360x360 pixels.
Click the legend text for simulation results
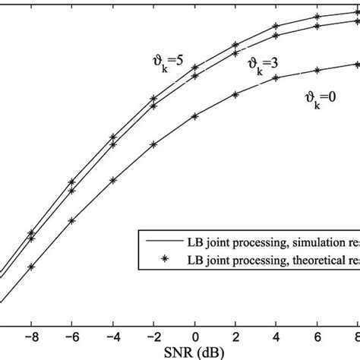273,242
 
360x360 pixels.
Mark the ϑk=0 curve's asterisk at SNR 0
195,116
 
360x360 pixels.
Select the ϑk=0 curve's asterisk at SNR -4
112,180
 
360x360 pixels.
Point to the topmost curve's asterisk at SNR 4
277,27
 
